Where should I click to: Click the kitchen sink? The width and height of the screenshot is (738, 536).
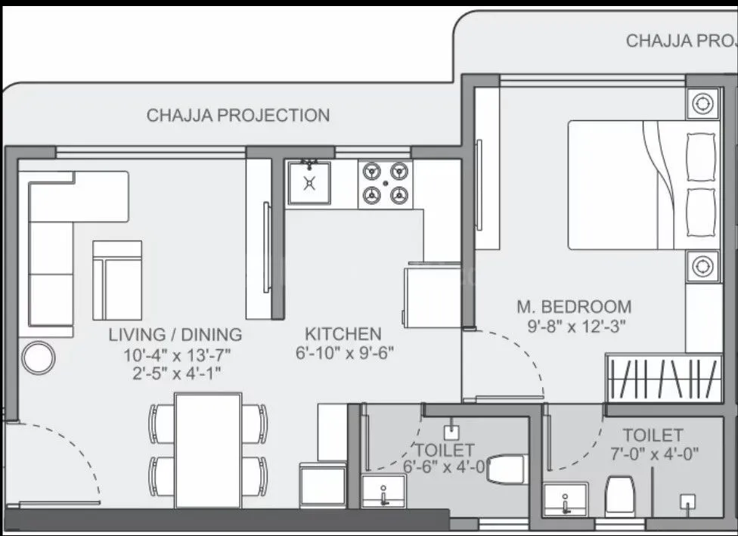(x=309, y=183)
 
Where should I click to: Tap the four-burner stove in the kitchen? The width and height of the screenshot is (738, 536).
(x=384, y=183)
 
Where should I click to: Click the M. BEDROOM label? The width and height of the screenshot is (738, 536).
(x=574, y=307)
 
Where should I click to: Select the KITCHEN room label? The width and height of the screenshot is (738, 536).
(x=343, y=333)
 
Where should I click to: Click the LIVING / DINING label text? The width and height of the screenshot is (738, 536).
(x=175, y=334)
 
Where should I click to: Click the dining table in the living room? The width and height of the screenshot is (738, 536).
(x=208, y=449)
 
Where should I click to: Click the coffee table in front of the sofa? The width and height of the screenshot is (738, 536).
(x=116, y=280)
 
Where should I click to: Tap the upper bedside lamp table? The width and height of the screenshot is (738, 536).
(x=702, y=102)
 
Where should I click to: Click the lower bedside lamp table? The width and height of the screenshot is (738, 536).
(x=702, y=266)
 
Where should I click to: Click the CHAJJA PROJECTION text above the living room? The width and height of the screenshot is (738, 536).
(x=238, y=116)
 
